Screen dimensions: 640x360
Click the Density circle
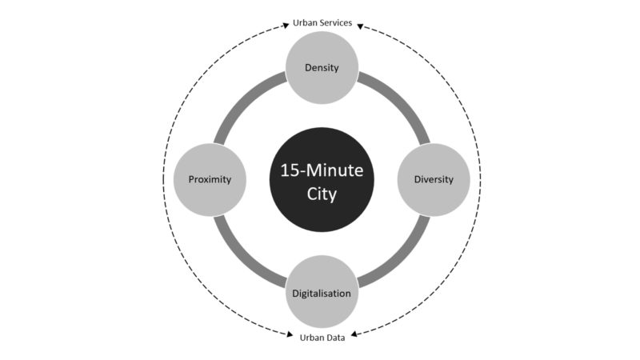(322, 68)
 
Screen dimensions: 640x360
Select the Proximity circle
(210, 179)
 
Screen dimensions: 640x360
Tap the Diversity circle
(434, 179)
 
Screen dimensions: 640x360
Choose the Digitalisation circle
(322, 292)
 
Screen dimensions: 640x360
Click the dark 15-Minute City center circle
(322, 179)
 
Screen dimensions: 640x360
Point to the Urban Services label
(322, 23)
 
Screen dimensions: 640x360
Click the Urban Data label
(322, 338)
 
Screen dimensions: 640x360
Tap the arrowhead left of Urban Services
(286, 26)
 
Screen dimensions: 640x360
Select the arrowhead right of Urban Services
(360, 26)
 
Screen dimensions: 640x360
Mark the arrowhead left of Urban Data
(290, 334)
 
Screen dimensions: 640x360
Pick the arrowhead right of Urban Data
(354, 334)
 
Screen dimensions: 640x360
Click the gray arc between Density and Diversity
(402, 100)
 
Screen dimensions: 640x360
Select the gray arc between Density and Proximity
(242, 100)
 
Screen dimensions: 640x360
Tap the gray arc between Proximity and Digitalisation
(242, 259)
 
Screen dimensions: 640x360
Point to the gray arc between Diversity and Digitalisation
(402, 259)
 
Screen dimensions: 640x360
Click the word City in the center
(322, 194)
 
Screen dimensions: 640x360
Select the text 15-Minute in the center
(322, 170)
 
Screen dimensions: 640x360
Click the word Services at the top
(336, 23)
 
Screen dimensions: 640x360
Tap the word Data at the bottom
(334, 338)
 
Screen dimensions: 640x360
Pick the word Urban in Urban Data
(310, 338)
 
